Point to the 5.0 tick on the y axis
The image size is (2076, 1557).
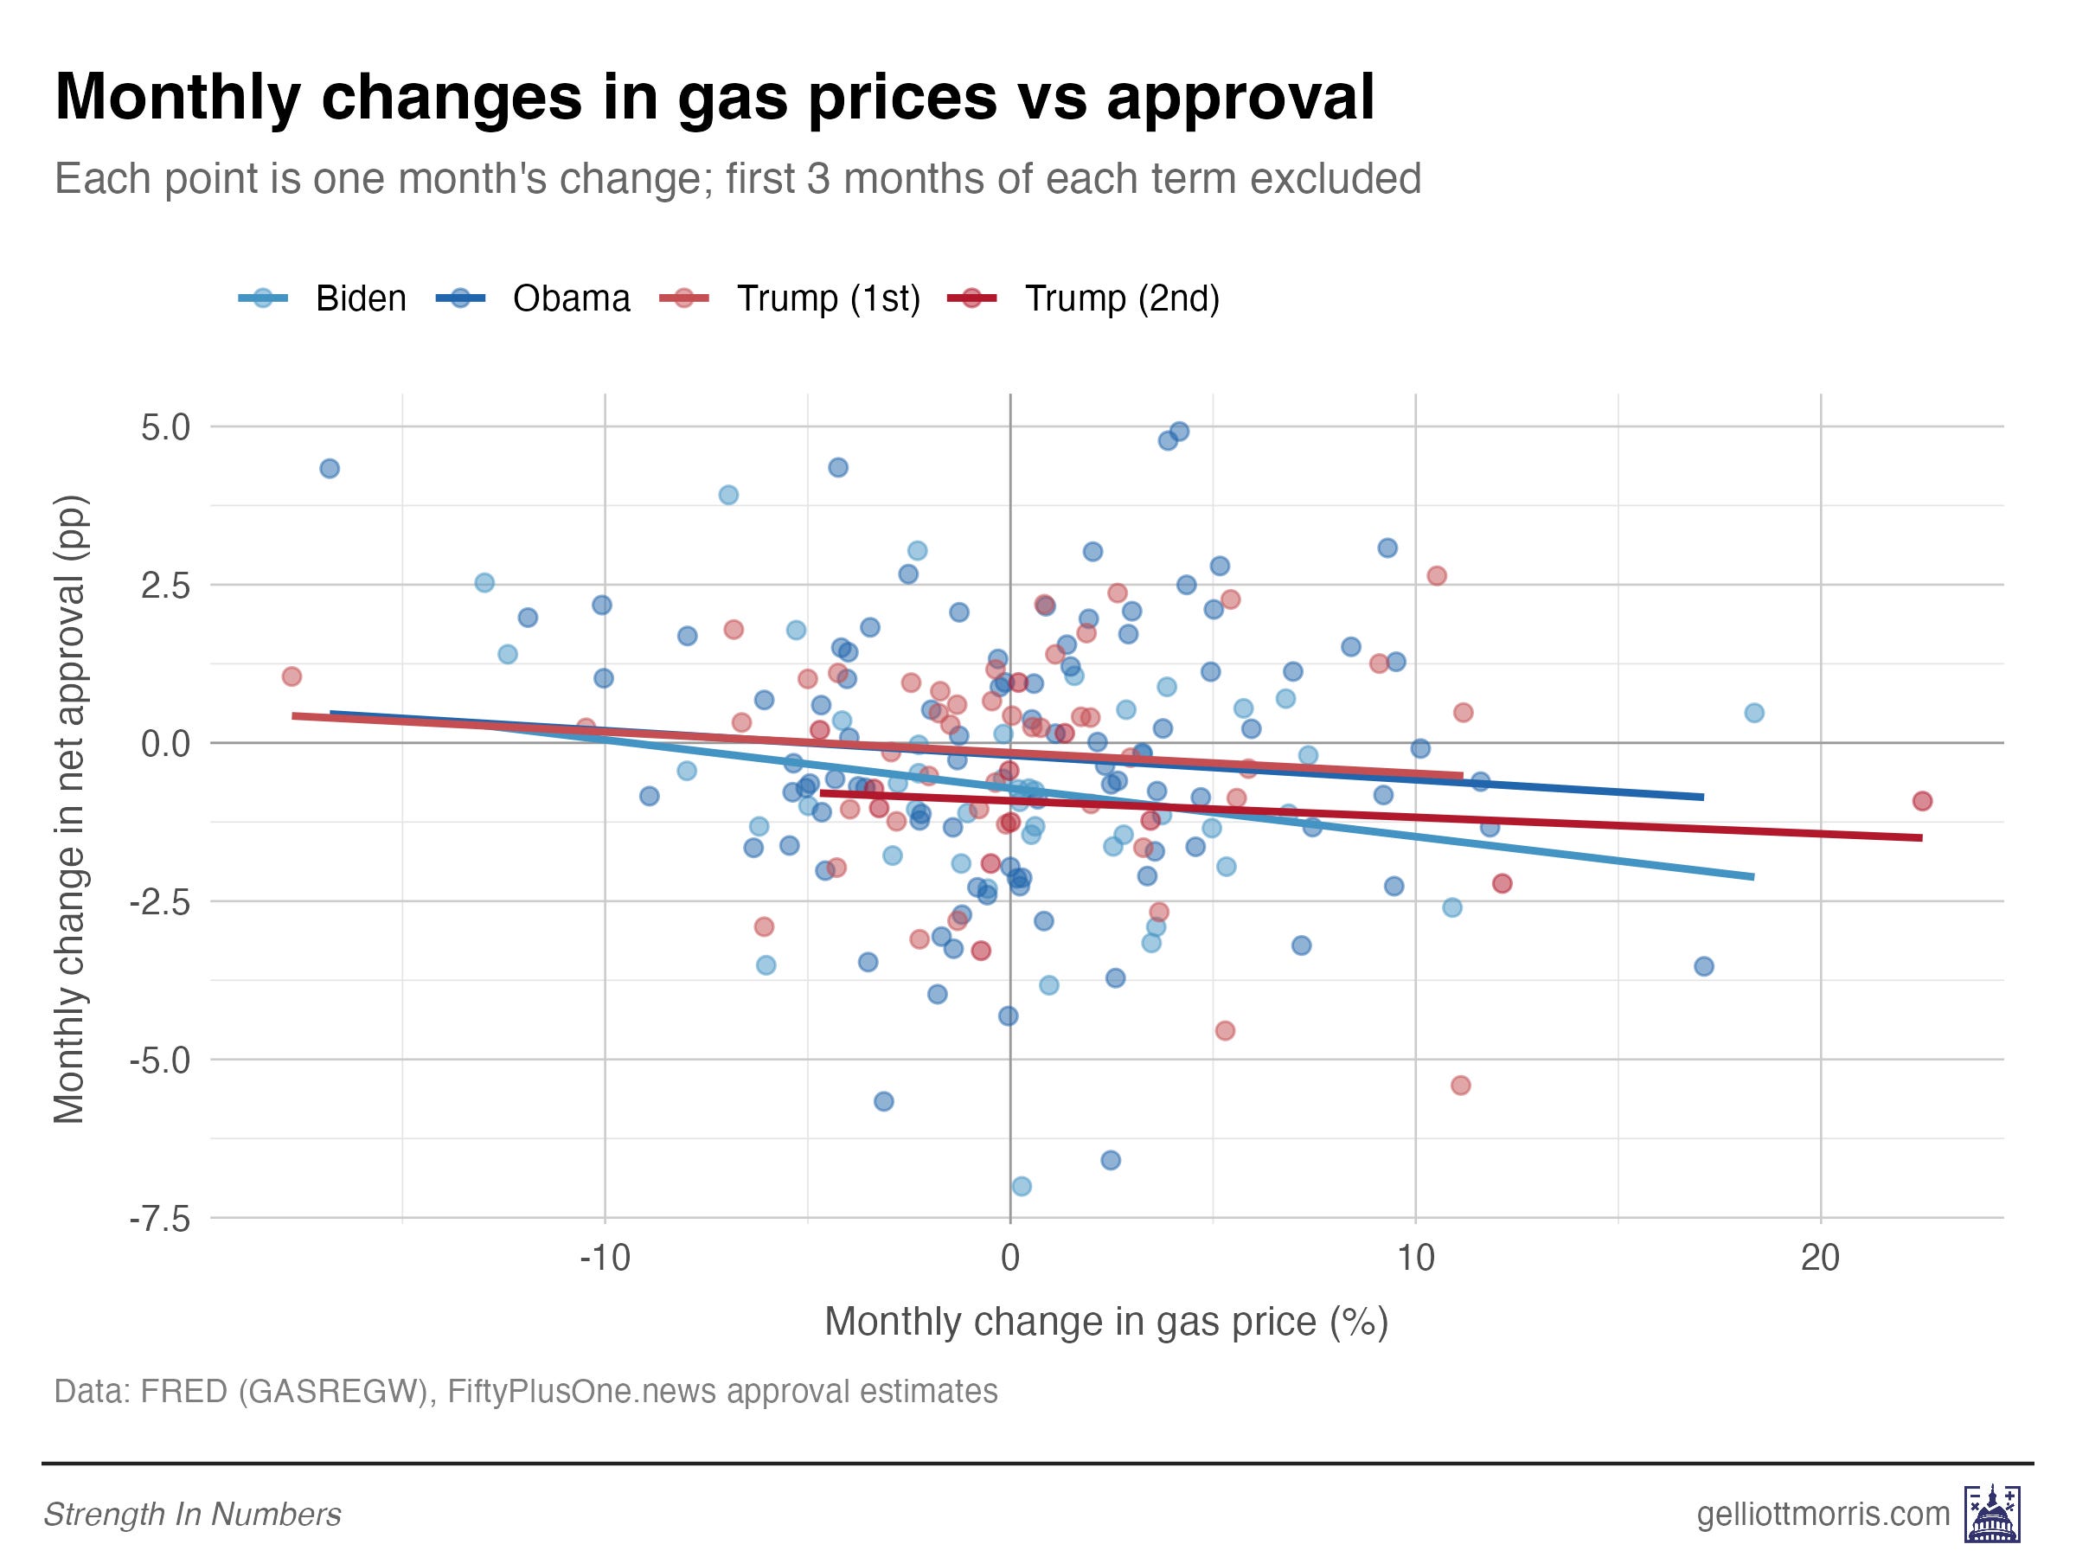pyautogui.click(x=166, y=428)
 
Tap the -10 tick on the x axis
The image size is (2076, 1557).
pyautogui.click(x=605, y=1257)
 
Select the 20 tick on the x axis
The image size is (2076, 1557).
pyautogui.click(x=1820, y=1257)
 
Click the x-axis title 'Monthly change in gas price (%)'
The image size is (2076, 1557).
pyautogui.click(x=1105, y=1322)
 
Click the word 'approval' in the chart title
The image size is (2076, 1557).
pyautogui.click(x=1240, y=97)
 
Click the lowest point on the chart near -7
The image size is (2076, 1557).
pyautogui.click(x=1021, y=1186)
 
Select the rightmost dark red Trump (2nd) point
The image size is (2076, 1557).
pyautogui.click(x=1922, y=800)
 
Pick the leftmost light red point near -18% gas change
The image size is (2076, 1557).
pyautogui.click(x=292, y=676)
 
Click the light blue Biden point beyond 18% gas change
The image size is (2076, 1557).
pyautogui.click(x=1754, y=713)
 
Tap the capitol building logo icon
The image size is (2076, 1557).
pyautogui.click(x=1991, y=1514)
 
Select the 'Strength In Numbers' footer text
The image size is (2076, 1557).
pyautogui.click(x=192, y=1515)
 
